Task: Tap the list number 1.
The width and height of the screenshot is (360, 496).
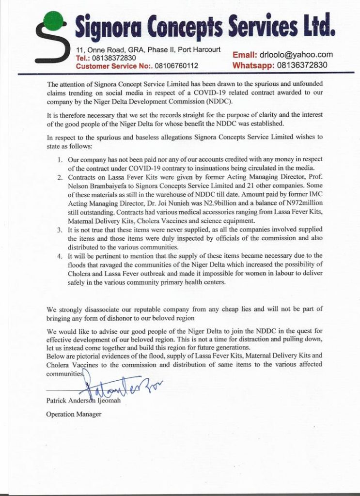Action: (60, 159)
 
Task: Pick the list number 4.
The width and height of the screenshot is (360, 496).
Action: (60, 256)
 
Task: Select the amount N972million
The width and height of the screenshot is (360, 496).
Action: (299, 204)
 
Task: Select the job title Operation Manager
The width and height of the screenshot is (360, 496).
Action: (74, 414)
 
